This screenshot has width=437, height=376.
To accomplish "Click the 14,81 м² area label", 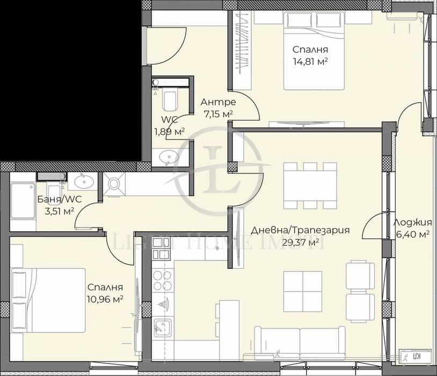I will click(x=310, y=61).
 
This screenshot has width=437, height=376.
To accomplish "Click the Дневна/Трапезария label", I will click(x=301, y=230).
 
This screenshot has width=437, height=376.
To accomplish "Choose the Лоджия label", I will click(x=412, y=223).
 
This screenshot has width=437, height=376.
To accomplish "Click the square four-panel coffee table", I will click(x=302, y=290).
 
